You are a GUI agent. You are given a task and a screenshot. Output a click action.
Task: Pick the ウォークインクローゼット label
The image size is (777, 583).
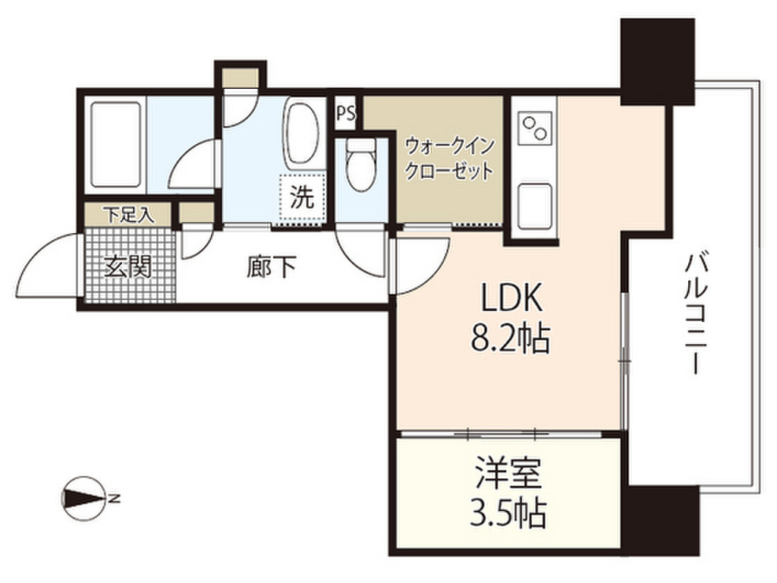pos(449,158)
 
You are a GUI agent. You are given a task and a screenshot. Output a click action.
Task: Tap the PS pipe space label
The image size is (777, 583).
pos(346,114)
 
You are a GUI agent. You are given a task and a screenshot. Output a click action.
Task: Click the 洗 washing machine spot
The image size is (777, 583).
pos(302,197)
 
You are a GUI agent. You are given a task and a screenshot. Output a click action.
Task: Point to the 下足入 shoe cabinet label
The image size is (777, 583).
pos(128,215)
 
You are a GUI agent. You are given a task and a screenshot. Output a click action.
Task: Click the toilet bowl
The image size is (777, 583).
pos(360,165)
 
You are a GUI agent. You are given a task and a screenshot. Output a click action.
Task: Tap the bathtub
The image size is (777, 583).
pos(115,144)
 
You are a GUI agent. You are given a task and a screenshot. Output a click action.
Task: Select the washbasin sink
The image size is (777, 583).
pos(303,133)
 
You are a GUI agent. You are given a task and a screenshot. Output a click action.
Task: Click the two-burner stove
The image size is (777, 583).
pos(535,128)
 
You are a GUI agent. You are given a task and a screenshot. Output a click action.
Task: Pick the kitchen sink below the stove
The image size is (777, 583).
pos(535,206)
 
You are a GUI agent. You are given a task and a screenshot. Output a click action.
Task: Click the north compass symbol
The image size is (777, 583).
pos(83,498)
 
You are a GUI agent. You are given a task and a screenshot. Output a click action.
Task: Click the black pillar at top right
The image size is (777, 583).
pos(657,61)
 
